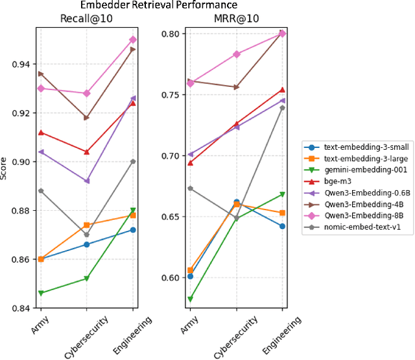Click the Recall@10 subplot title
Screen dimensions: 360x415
(87, 18)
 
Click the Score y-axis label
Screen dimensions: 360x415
(5, 167)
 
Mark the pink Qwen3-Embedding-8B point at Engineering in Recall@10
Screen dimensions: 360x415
(133, 40)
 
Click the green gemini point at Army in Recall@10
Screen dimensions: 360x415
(41, 293)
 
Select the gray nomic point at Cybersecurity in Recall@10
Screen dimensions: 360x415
(87, 235)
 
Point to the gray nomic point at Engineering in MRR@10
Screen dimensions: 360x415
(283, 108)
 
